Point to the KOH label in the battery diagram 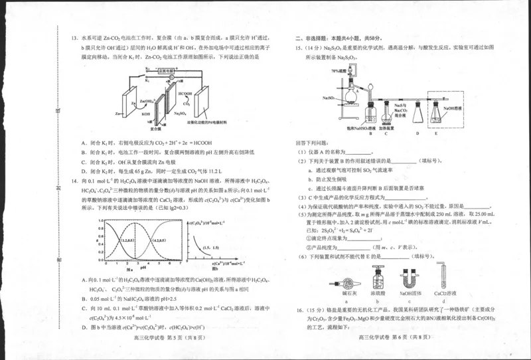[x=145, y=114]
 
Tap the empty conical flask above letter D [x=417, y=114]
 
